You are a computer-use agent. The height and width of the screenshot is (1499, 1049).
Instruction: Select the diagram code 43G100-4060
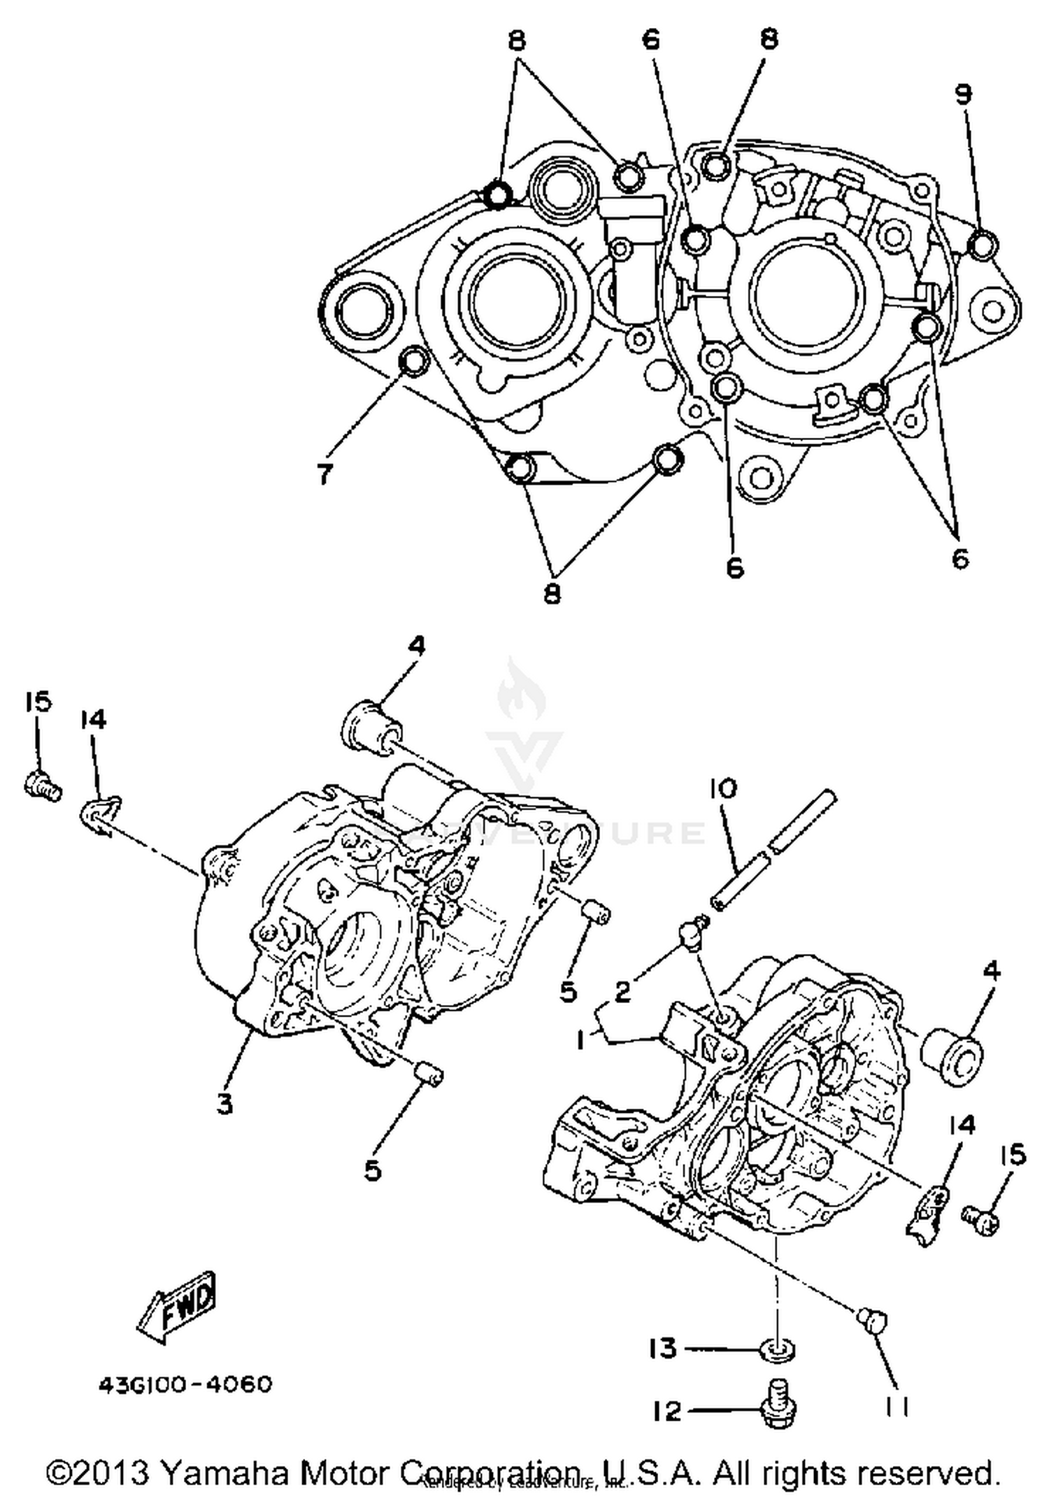(185, 1384)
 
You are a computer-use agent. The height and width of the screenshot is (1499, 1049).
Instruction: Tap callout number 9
(964, 94)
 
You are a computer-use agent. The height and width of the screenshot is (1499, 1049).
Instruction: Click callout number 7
(324, 475)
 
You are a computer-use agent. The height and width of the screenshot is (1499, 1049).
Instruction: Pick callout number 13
(662, 1347)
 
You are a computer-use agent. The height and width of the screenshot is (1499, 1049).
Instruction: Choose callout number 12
(667, 1411)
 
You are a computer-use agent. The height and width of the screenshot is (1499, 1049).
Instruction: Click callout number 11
(897, 1407)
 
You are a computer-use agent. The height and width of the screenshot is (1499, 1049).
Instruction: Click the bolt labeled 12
(777, 1407)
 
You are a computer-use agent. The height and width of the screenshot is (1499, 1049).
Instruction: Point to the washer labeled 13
(777, 1349)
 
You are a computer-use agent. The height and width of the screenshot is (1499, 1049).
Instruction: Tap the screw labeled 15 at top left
(43, 784)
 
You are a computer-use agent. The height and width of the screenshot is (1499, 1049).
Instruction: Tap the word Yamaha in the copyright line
(224, 1472)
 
